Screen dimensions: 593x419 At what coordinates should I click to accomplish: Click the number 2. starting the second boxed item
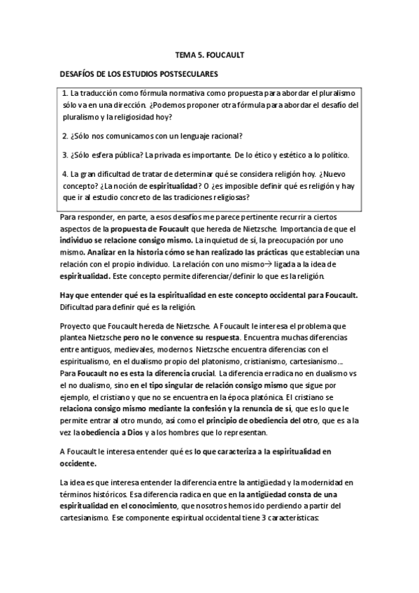65,135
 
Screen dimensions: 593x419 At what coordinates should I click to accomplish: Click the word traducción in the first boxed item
102,93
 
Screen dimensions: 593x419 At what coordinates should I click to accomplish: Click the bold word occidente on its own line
79,464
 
